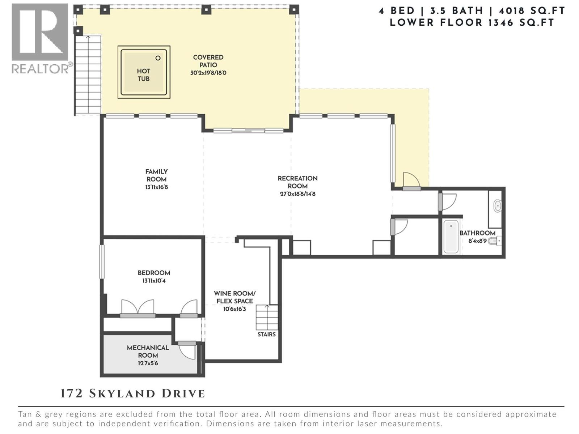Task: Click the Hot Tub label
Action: click(x=143, y=75)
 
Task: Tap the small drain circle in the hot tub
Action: click(x=158, y=58)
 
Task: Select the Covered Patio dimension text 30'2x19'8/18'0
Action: click(x=208, y=73)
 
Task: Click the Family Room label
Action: click(x=156, y=175)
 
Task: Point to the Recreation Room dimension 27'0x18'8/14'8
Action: click(x=297, y=194)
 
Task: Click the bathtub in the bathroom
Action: click(x=451, y=237)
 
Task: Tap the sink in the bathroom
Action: click(x=498, y=206)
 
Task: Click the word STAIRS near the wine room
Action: click(x=266, y=335)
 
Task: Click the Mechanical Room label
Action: click(x=148, y=351)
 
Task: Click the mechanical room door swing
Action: click(x=187, y=351)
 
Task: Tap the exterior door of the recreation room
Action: click(x=411, y=181)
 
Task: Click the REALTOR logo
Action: click(x=40, y=38)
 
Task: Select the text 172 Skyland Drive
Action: click(x=133, y=393)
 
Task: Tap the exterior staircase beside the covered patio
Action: click(x=88, y=74)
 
